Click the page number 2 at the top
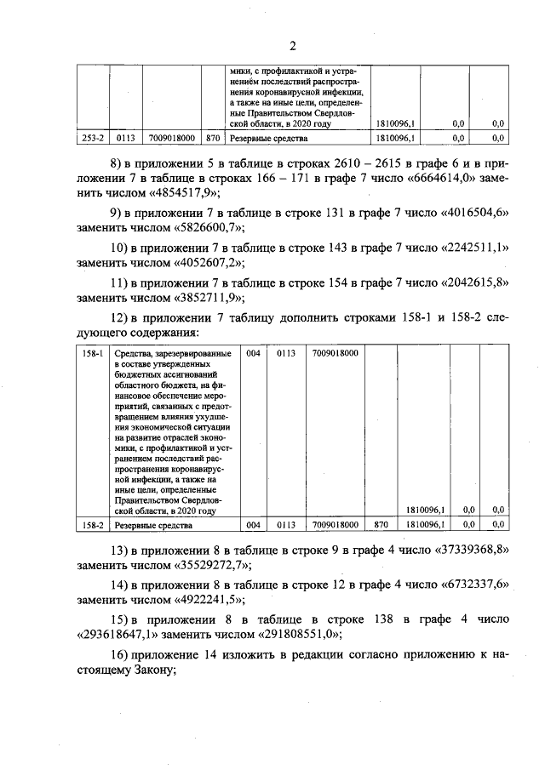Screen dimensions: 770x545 tap(291, 45)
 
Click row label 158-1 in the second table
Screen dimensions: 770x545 tap(92, 353)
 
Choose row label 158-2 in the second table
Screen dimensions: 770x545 tap(92, 525)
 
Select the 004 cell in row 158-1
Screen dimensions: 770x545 tap(252, 353)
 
